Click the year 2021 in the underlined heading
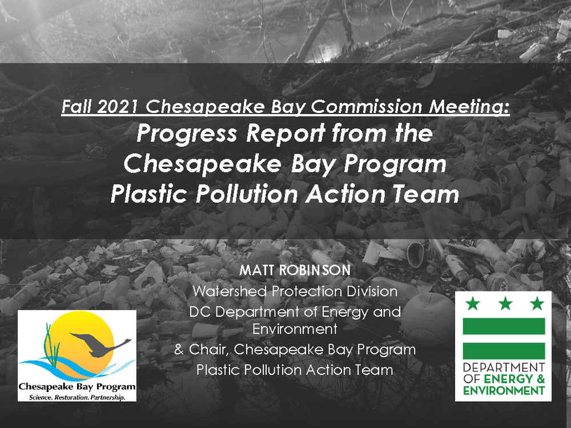click(x=118, y=107)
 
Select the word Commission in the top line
click(x=367, y=107)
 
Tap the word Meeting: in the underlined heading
click(x=469, y=107)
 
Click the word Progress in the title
click(x=187, y=134)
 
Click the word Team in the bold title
click(x=425, y=194)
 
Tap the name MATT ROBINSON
click(x=295, y=270)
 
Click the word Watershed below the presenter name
click(x=230, y=291)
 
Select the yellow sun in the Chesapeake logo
click(x=77, y=343)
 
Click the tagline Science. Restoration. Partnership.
click(x=77, y=397)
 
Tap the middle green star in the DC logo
click(x=505, y=303)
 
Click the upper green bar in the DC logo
click(x=504, y=326)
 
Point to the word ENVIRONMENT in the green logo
click(x=504, y=391)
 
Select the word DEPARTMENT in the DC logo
click(x=504, y=367)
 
